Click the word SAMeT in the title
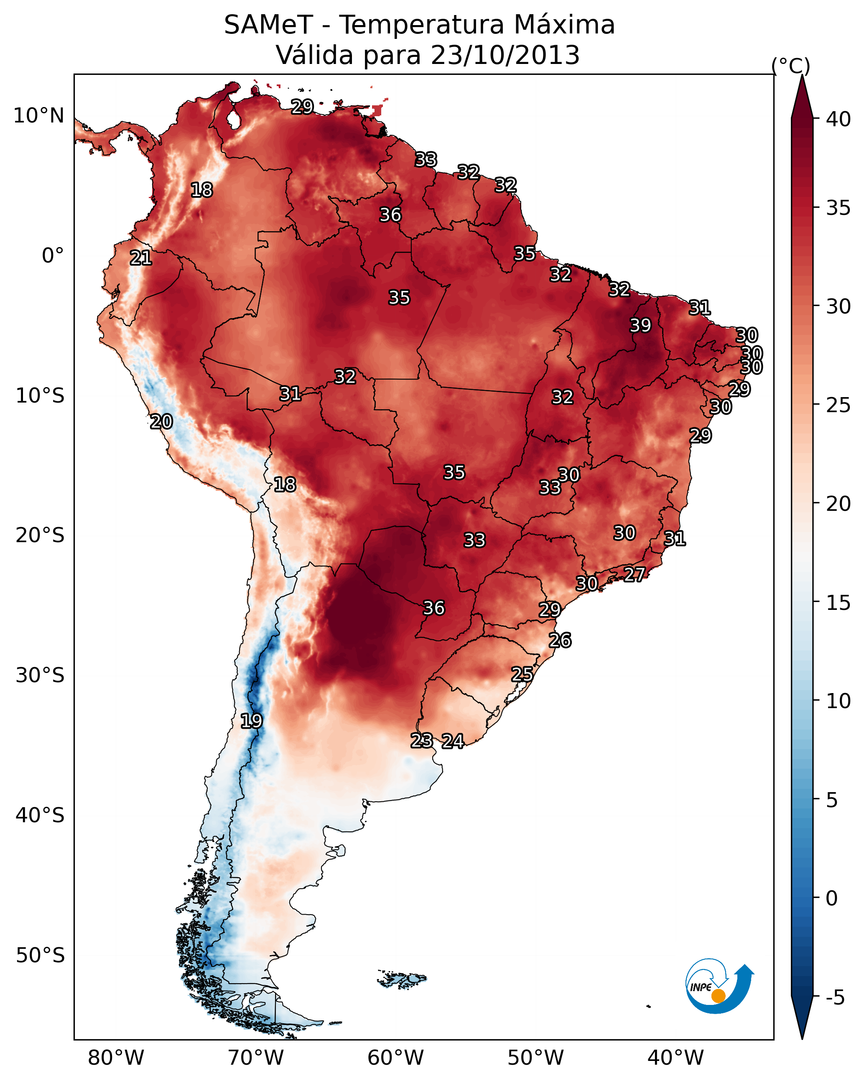point(268,25)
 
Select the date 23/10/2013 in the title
point(505,55)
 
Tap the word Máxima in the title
point(564,25)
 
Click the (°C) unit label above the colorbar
point(791,66)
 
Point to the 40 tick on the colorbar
point(838,119)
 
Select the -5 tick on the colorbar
point(835,997)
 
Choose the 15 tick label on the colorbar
point(838,603)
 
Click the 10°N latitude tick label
point(38,116)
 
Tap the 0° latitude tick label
point(53,256)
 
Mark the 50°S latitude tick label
point(40,955)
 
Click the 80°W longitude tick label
point(116,1058)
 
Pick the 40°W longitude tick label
point(675,1058)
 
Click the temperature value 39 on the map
point(640,325)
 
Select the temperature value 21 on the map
point(141,258)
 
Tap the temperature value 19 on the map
point(251,721)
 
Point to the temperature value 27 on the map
point(635,574)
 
